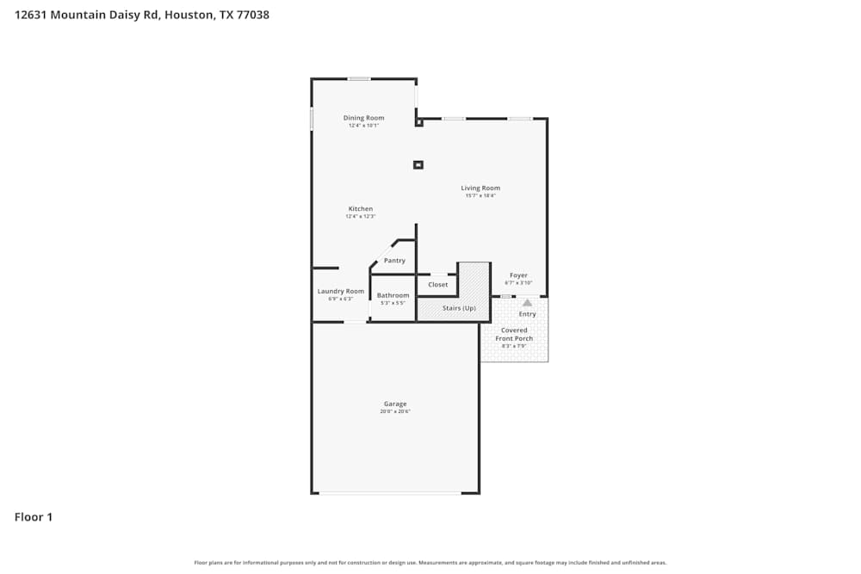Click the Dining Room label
tap(363, 118)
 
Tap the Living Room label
tap(480, 188)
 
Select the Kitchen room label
tap(361, 209)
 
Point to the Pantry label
tap(394, 261)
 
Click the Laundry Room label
tap(341, 292)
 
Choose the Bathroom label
tap(393, 295)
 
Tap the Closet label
tap(437, 285)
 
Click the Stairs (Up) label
tap(458, 308)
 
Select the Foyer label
tap(518, 275)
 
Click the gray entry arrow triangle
tap(528, 302)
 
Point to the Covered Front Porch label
tap(514, 335)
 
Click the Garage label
tap(395, 404)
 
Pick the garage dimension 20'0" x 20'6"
tap(395, 412)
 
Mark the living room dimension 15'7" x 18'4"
tap(480, 196)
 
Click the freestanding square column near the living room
tap(418, 164)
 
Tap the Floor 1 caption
tap(34, 517)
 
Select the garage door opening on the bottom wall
tap(390, 493)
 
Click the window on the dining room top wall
tap(359, 79)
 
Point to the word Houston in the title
tap(189, 15)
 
